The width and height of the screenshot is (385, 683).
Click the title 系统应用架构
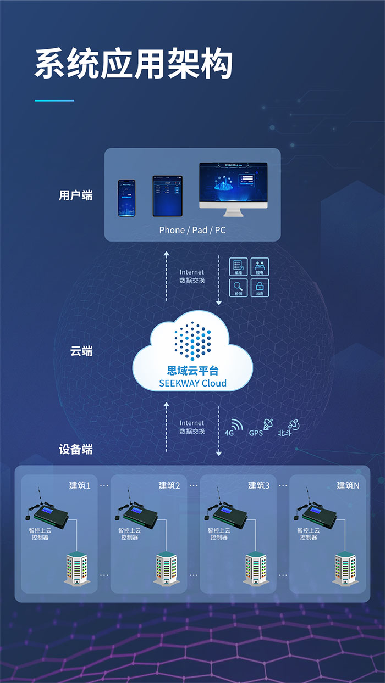pos(134,64)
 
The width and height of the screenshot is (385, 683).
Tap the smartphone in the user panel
pos(127,198)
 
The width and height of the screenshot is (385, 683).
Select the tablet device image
pos(167,195)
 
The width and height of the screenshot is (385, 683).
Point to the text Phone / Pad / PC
pos(193,230)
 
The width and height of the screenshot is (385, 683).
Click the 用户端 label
pos(76,195)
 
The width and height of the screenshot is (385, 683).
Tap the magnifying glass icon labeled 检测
pos(238,286)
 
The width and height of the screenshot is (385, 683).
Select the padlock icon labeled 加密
pos(260,286)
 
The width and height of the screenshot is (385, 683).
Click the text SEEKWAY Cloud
pos(193,383)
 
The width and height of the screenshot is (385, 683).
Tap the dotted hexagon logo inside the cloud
pos(193,341)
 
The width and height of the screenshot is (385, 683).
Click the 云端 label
pos(81,351)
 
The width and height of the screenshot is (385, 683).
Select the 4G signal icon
pos(236,425)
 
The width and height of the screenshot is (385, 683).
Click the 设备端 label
pos(76,449)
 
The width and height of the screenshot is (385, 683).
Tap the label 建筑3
pos(258,485)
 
